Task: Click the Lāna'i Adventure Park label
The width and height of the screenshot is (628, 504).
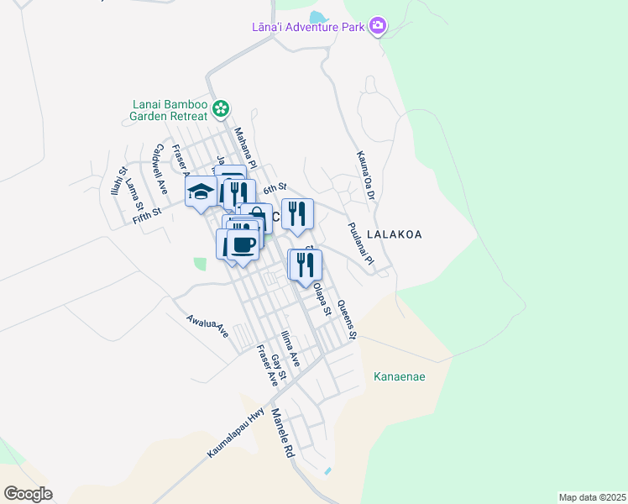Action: point(308,27)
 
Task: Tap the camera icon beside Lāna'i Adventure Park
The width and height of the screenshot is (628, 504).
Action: point(378,26)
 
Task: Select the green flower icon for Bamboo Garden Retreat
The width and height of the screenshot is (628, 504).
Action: point(221,108)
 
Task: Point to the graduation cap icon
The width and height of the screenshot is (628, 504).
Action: point(201,192)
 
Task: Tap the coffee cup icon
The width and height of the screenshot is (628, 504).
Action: point(243,245)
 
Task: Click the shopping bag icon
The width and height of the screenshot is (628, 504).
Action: point(255,218)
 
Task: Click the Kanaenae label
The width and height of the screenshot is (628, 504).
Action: point(399,376)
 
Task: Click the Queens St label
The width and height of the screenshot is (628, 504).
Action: point(347,320)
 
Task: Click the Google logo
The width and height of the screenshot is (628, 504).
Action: point(28,494)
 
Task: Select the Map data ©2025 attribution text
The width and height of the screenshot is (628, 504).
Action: point(591,497)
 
